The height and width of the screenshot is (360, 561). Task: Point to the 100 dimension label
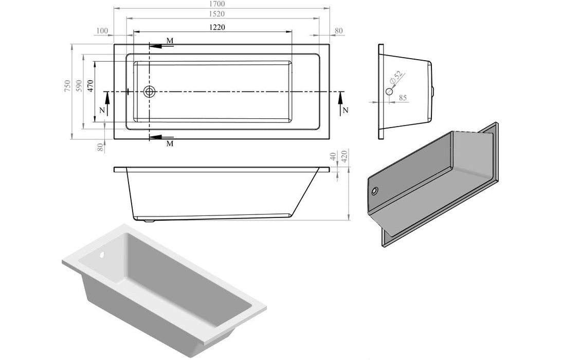coord(102,31)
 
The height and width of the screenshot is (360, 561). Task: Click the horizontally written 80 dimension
coord(338,31)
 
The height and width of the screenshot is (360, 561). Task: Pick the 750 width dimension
coord(67,86)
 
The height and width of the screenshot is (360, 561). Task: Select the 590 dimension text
coord(79,86)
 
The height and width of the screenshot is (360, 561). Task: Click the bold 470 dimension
coord(90,85)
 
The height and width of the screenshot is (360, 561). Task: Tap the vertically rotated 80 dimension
coord(101,148)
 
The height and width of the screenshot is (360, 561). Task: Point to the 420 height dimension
coord(345,155)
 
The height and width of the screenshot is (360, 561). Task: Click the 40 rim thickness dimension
coord(333,155)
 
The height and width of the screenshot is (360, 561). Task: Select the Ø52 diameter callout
coord(396,78)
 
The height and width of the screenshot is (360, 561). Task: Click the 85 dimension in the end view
coord(403,97)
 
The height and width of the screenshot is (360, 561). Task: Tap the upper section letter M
coord(170,41)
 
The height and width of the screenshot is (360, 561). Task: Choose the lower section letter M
coord(170,143)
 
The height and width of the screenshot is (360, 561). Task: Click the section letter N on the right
coord(345,110)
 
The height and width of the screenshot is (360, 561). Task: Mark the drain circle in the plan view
coord(150,92)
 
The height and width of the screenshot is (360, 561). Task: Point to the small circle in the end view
coord(389,92)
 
